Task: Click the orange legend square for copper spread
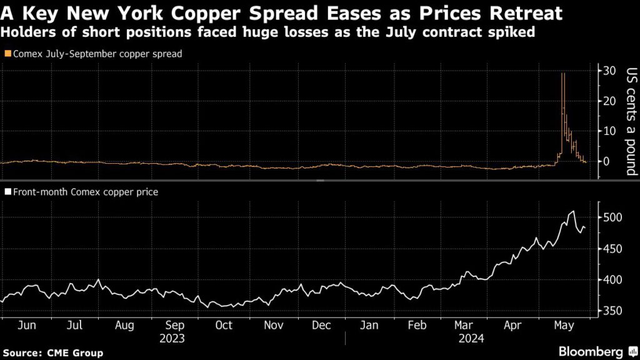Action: pos(7,54)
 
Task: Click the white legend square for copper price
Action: pos(7,192)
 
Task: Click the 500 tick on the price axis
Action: pos(611,217)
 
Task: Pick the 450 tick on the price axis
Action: pos(611,249)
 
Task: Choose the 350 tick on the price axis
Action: pos(611,311)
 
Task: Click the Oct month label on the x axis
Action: pos(223,325)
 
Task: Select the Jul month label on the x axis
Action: pos(75,325)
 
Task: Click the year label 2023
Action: pos(172,338)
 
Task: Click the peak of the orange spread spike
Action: pos(563,74)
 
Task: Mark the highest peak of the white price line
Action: pos(572,212)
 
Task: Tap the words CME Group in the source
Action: pos(75,353)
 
